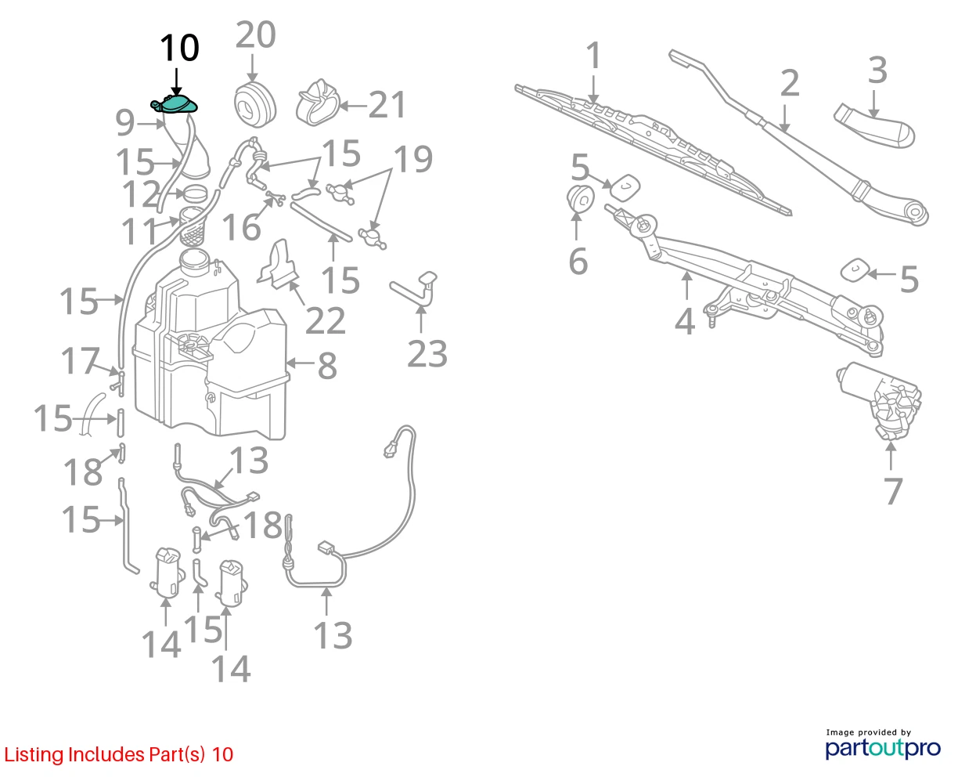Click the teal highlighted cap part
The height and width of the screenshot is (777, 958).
(x=175, y=104)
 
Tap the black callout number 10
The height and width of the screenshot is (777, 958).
(x=179, y=48)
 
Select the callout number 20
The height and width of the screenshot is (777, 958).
(x=255, y=34)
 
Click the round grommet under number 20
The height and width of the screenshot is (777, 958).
(x=255, y=104)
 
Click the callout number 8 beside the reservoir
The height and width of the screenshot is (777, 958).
(x=327, y=366)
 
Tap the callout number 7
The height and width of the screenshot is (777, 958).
(x=893, y=490)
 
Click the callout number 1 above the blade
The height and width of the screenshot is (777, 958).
(x=594, y=56)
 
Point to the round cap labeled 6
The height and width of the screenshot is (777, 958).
(x=580, y=198)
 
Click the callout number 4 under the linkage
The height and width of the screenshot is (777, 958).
(x=685, y=322)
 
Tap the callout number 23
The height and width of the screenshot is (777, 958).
(x=427, y=354)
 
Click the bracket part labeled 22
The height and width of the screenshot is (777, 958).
(x=279, y=265)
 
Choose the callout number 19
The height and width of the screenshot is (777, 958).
(x=413, y=159)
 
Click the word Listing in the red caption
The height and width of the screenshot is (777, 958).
(x=34, y=755)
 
